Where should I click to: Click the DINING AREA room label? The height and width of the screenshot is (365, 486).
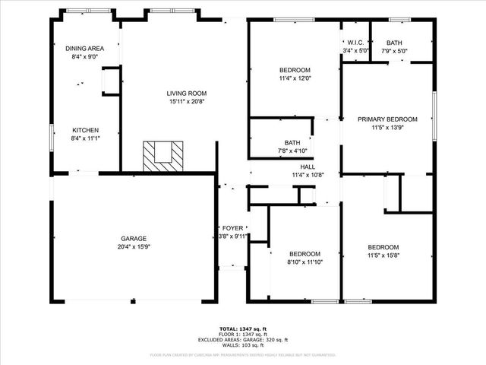click(84, 49)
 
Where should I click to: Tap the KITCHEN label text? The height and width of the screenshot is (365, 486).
click(84, 130)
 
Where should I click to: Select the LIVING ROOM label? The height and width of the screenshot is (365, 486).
click(187, 94)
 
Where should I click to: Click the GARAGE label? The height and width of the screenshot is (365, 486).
click(134, 238)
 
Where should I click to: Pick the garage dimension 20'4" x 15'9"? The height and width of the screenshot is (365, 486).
click(134, 246)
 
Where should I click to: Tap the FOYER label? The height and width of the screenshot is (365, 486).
click(232, 228)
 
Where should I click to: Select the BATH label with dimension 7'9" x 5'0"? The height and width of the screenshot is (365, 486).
click(394, 43)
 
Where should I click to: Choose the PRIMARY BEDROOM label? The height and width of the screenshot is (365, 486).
click(388, 119)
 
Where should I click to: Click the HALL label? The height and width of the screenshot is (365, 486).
click(308, 167)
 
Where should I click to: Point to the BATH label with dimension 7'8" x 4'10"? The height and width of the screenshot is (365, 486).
click(292, 142)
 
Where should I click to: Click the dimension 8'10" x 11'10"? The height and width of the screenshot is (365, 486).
click(305, 262)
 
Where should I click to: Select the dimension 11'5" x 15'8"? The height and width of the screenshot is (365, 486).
click(383, 255)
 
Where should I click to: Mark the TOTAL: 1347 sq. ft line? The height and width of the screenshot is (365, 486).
click(243, 328)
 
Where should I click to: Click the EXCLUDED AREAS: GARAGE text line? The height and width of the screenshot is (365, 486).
click(243, 340)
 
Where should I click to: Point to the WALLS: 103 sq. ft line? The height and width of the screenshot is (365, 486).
click(243, 346)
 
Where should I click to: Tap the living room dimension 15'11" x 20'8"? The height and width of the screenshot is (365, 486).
click(187, 102)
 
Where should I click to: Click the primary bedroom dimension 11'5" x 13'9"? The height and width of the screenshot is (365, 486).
click(388, 128)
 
